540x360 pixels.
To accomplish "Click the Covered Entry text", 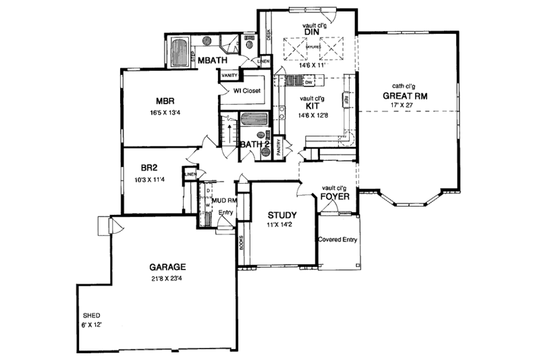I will pyautogui.click(x=338, y=238).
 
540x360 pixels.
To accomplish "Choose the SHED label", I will pyautogui.click(x=91, y=315).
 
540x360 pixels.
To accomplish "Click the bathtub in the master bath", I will pyautogui.click(x=180, y=51).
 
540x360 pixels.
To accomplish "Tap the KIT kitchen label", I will pyautogui.click(x=312, y=107).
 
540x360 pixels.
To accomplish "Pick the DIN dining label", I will pyautogui.click(x=311, y=32).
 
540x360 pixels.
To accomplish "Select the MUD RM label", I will pyautogui.click(x=223, y=201).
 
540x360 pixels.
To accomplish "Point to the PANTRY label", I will pyautogui.click(x=279, y=148).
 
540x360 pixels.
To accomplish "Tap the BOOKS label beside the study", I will pyautogui.click(x=241, y=244).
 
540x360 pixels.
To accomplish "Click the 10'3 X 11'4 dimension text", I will pyautogui.click(x=150, y=180).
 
